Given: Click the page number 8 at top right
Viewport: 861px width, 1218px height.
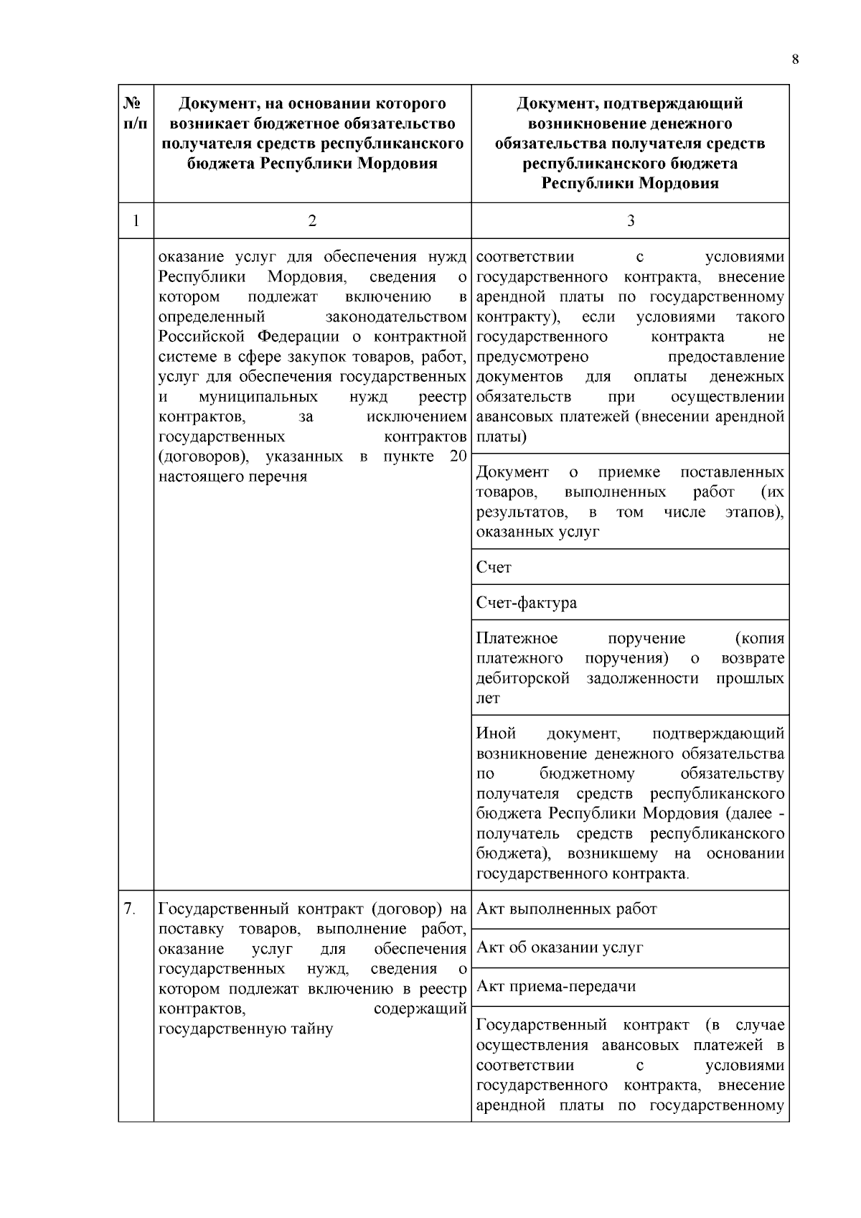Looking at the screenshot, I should [795, 60].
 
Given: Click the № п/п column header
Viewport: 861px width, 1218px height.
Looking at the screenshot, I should [136, 114].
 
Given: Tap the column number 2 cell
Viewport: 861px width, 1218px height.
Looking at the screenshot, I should [312, 221].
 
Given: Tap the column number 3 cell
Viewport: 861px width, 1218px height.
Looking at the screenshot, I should [631, 221].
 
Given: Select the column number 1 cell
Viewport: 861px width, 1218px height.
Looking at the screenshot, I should [136, 221].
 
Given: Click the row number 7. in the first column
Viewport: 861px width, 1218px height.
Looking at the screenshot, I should [129, 909].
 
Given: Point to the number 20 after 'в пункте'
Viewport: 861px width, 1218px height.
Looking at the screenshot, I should [458, 456].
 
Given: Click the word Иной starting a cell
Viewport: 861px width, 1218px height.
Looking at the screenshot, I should [496, 734].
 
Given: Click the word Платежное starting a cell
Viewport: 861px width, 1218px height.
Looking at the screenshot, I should [517, 638].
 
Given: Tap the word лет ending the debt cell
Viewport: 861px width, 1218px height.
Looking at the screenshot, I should [488, 698].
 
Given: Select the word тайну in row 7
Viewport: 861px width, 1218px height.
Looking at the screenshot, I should [311, 1029].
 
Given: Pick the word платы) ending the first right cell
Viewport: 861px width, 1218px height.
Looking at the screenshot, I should [501, 436].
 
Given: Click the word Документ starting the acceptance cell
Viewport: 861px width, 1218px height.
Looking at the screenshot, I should [512, 472].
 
